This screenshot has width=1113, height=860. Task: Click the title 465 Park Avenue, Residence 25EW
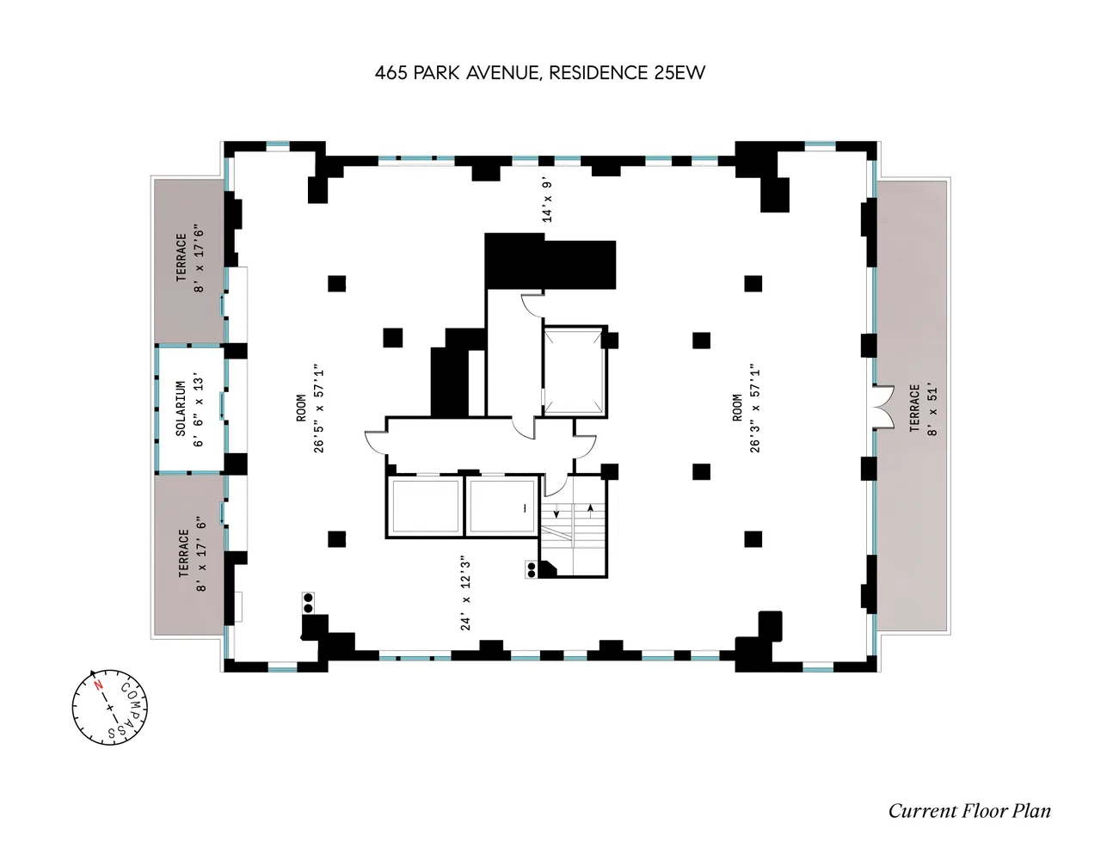[539, 73]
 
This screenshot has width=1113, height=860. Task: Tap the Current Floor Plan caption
[968, 811]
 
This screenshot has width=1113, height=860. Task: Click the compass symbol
[110, 707]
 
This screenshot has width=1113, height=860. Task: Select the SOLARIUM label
[181, 409]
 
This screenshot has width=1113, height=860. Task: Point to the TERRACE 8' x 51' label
[914, 408]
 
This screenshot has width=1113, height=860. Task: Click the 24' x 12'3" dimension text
[465, 593]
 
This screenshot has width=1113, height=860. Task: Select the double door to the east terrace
[882, 407]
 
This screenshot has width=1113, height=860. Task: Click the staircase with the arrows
[575, 526]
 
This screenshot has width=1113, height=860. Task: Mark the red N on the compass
[99, 686]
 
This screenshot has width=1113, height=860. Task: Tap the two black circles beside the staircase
[532, 568]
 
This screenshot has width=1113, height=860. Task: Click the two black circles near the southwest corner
[308, 603]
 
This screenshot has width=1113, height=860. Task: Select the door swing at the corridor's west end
[375, 441]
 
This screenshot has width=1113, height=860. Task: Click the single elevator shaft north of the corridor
[575, 371]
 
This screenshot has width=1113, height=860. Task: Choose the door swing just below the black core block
[532, 303]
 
